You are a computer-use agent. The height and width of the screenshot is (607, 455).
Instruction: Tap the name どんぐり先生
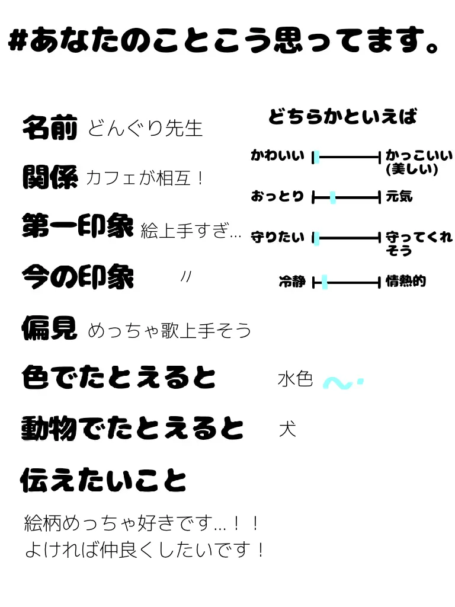coord(145,128)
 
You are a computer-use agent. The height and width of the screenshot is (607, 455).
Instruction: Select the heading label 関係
coord(50,177)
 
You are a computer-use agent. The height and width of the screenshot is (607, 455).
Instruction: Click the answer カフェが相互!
coord(145,177)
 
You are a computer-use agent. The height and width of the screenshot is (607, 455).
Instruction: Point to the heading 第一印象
coord(78,226)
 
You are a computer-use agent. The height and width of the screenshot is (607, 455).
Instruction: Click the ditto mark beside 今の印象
coord(185,276)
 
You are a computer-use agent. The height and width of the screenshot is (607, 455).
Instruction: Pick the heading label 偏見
coord(50,327)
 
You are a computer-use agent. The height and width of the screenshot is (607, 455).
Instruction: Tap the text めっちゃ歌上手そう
coord(169,330)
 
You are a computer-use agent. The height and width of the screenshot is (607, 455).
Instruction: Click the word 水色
coord(295,379)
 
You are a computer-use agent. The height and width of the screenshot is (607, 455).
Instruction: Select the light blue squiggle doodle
coord(342,384)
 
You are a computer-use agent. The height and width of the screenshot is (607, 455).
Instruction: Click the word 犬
coord(287,429)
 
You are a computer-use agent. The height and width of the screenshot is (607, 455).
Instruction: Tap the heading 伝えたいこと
coord(104,480)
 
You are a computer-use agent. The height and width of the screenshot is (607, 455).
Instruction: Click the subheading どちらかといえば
coord(342,116)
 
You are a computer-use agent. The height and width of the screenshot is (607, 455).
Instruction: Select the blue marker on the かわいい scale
coord(316,157)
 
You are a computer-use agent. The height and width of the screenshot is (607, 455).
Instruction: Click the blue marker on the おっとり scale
coord(332,197)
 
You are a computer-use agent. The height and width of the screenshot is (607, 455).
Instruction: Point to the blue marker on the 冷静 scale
coord(324,282)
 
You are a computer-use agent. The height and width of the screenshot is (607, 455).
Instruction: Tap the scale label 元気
coord(399,197)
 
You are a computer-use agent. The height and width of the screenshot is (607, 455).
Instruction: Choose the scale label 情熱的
coord(406,282)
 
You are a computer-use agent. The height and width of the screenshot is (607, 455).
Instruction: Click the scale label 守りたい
coord(278,238)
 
